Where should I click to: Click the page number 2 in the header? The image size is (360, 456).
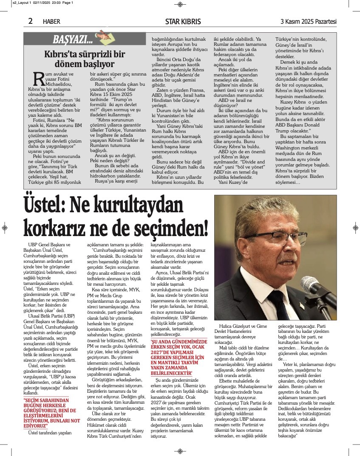click(31, 21)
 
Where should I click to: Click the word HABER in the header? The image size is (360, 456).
click(51, 22)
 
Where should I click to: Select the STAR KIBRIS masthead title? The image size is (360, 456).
click(183, 22)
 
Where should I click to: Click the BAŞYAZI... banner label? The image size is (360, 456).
click(73, 40)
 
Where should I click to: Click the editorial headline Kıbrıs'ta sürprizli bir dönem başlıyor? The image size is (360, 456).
click(85, 59)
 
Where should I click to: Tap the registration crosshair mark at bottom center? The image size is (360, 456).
click(180, 451)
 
